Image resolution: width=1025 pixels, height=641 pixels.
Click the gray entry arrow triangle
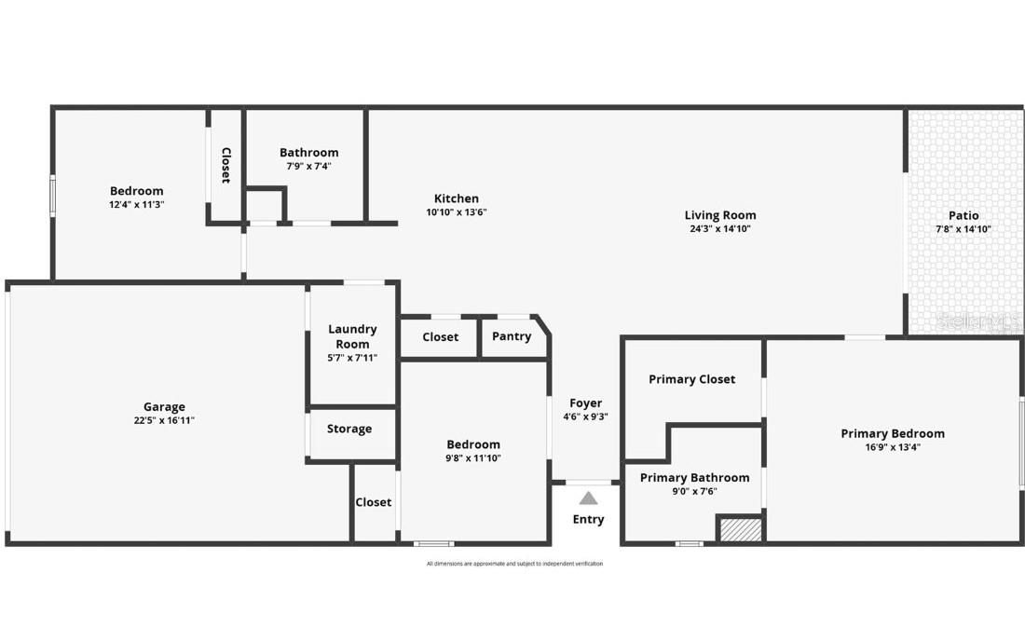click(x=588, y=498)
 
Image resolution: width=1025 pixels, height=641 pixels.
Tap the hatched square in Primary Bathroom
click(x=740, y=528)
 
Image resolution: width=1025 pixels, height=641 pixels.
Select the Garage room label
click(x=164, y=407)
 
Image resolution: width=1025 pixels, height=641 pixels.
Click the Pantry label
click(x=512, y=336)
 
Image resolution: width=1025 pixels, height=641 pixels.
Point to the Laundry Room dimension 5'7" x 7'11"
click(x=352, y=358)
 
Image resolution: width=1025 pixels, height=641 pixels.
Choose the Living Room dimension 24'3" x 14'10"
click(x=720, y=228)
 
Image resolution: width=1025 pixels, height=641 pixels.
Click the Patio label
click(x=963, y=215)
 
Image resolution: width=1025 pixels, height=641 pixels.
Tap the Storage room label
click(x=349, y=429)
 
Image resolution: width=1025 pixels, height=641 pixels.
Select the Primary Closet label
click(x=692, y=379)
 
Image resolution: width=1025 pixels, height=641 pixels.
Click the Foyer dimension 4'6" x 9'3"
click(x=586, y=416)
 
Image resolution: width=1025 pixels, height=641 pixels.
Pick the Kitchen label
click(x=457, y=198)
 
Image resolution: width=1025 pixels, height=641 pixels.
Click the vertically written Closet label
click(x=225, y=165)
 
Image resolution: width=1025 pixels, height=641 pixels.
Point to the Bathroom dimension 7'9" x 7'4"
click(x=308, y=166)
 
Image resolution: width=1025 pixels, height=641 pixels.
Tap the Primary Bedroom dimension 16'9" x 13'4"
click(x=893, y=446)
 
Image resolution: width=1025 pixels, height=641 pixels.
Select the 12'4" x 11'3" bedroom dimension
click(x=137, y=204)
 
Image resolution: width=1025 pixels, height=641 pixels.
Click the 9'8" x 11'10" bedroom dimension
click(x=473, y=457)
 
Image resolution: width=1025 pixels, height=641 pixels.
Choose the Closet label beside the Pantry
click(x=440, y=336)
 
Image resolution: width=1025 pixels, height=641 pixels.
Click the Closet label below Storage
click(x=374, y=502)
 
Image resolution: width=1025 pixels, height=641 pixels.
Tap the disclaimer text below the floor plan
click(x=514, y=564)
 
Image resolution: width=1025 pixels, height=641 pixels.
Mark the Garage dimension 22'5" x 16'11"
click(x=164, y=420)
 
